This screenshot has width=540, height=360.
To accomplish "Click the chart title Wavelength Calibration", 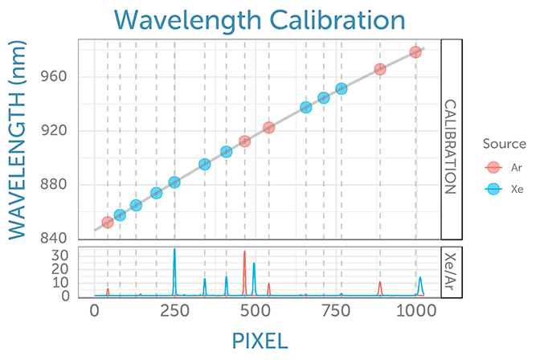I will [x=270, y=18].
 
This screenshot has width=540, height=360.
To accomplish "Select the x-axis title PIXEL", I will [x=260, y=340].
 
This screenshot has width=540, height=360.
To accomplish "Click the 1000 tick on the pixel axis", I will [x=415, y=310].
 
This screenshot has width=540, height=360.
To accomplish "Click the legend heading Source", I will [x=504, y=144].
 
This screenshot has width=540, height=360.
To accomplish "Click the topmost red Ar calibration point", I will [x=415, y=52].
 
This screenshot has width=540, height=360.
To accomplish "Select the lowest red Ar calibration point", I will [x=108, y=222].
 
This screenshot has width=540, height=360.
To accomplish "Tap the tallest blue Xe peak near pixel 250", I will [x=174, y=250].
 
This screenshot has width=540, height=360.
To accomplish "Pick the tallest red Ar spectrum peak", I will [x=245, y=252].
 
